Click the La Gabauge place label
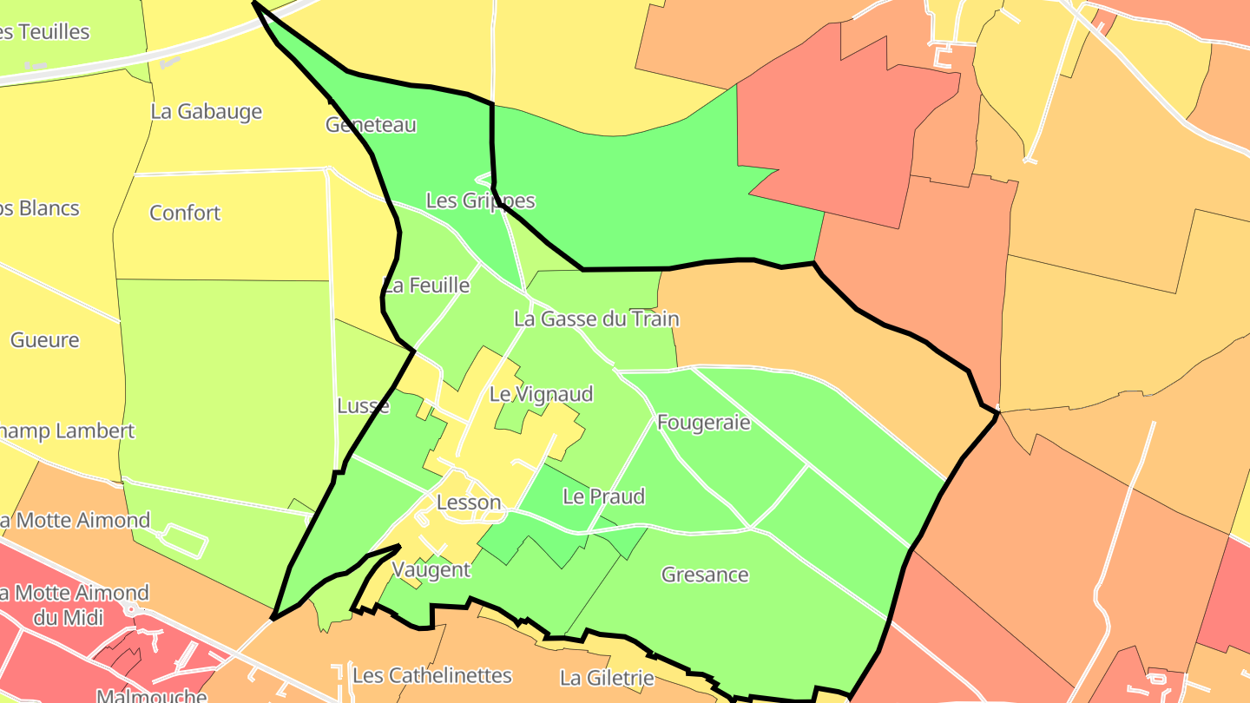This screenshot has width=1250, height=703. pos(206,112)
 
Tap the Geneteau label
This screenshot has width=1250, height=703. pos(371,125)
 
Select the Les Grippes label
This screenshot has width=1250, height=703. pos(480,201)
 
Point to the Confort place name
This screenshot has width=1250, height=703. pos(185,214)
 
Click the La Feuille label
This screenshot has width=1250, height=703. pos(426,286)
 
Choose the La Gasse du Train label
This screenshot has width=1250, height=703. pos(596,319)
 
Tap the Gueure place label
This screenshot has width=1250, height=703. pos(45,340)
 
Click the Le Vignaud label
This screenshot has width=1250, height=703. pos(541,395)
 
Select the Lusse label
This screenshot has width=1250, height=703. pos(363,406)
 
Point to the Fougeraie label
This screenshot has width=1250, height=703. pos(703,424)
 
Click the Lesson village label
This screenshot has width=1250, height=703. pos(469,503)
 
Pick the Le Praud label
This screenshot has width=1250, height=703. pos(604,497)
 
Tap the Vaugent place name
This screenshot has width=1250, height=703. pos(431,570)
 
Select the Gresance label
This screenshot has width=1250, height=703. pos(705,575)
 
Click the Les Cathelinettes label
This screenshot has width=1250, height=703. pos(432,676)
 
